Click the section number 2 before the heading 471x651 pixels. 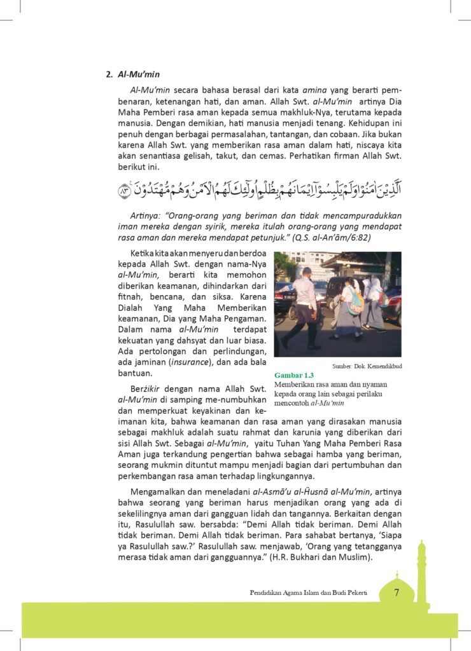(x=108, y=74)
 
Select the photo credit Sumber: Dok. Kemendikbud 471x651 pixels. (x=367, y=366)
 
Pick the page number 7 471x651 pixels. (x=396, y=593)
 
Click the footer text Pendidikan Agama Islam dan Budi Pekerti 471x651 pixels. (x=309, y=593)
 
